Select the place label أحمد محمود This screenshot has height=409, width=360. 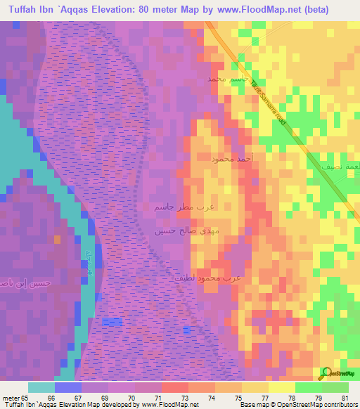pyautogui.click(x=231, y=160)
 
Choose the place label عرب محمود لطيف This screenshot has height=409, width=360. pyautogui.click(x=207, y=278)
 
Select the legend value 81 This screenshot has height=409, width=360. pyautogui.click(x=344, y=397)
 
